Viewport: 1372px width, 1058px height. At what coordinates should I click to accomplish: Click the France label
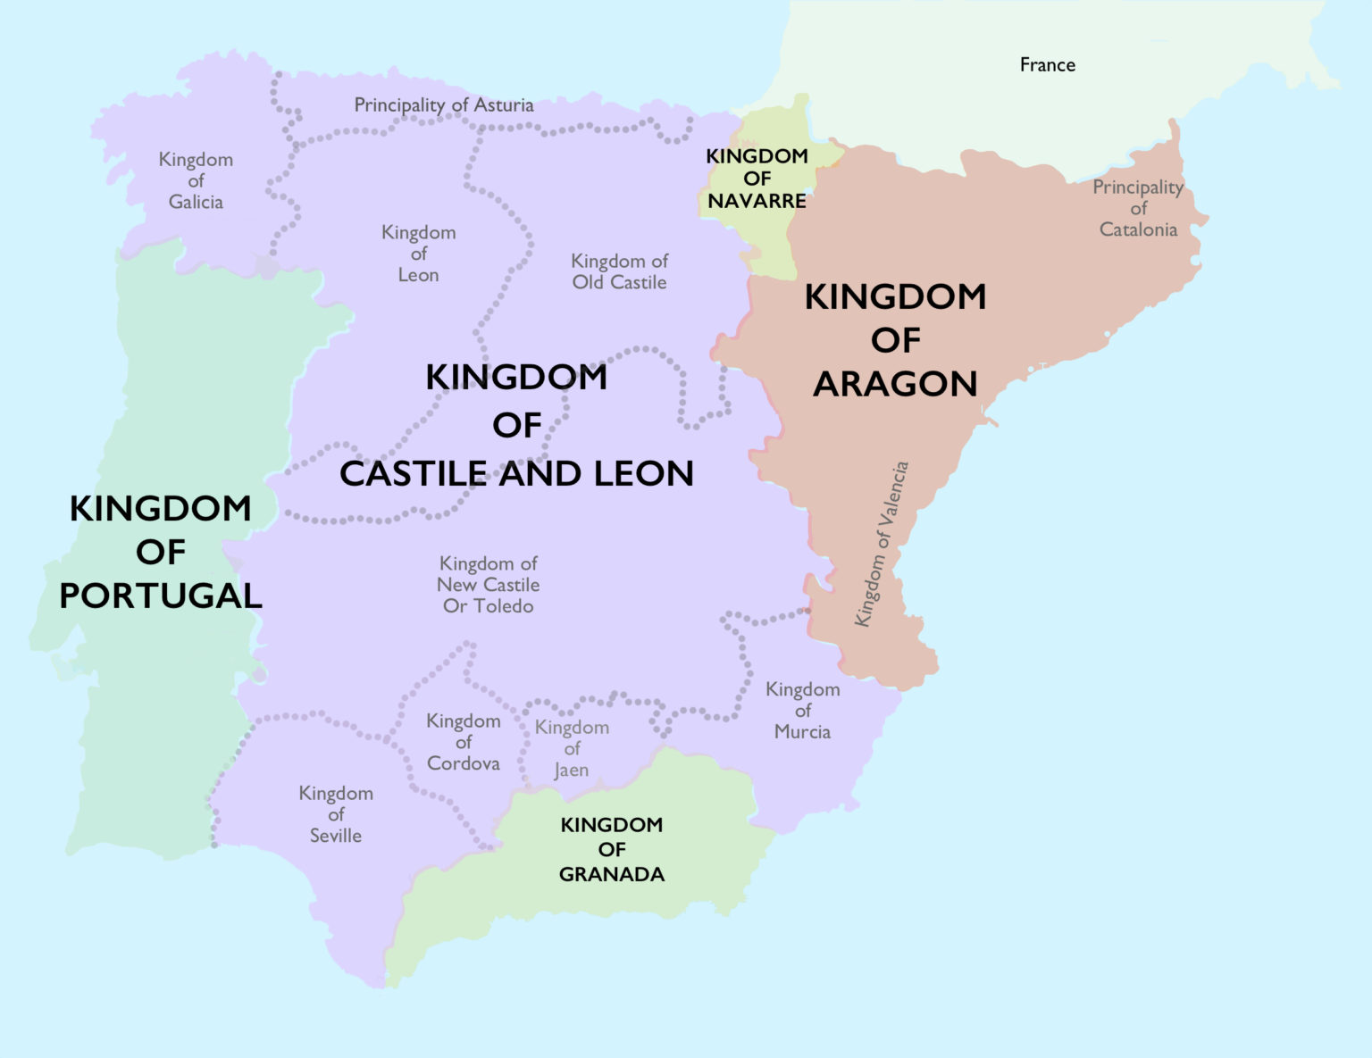[x=1047, y=65]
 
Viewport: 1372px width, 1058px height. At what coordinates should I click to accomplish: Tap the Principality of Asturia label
[x=444, y=105]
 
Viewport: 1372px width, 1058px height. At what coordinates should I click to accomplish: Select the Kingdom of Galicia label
[x=196, y=181]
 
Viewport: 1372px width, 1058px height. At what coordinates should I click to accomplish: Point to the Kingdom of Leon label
[x=418, y=254]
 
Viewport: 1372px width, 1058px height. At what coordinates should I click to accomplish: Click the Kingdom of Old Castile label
[x=619, y=271]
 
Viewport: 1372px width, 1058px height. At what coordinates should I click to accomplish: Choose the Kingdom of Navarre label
[x=757, y=179]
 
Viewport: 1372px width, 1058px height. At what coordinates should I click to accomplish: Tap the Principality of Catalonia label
[x=1138, y=208]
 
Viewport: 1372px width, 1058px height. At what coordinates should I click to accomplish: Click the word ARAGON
[x=895, y=384]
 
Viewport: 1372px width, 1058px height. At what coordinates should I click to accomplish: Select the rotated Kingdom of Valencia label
[x=881, y=544]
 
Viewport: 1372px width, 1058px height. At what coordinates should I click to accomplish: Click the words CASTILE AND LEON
[x=516, y=474]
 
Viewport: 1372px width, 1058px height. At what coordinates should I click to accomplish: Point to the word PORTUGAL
[x=161, y=596]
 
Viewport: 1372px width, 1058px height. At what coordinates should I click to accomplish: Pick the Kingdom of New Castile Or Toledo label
[x=488, y=585]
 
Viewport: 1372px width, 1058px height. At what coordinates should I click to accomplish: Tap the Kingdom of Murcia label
[x=802, y=711]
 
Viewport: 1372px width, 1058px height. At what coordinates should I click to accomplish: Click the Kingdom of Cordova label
[x=463, y=742]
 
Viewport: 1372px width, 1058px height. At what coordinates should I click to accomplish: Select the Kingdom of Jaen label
[x=572, y=749]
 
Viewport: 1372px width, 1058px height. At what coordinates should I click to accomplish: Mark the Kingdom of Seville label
[x=336, y=814]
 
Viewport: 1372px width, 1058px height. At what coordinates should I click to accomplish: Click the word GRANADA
[x=611, y=875]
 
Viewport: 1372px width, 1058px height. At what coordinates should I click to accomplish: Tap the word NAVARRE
[x=757, y=201]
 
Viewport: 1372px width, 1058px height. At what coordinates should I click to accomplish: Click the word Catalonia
[x=1138, y=229]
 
